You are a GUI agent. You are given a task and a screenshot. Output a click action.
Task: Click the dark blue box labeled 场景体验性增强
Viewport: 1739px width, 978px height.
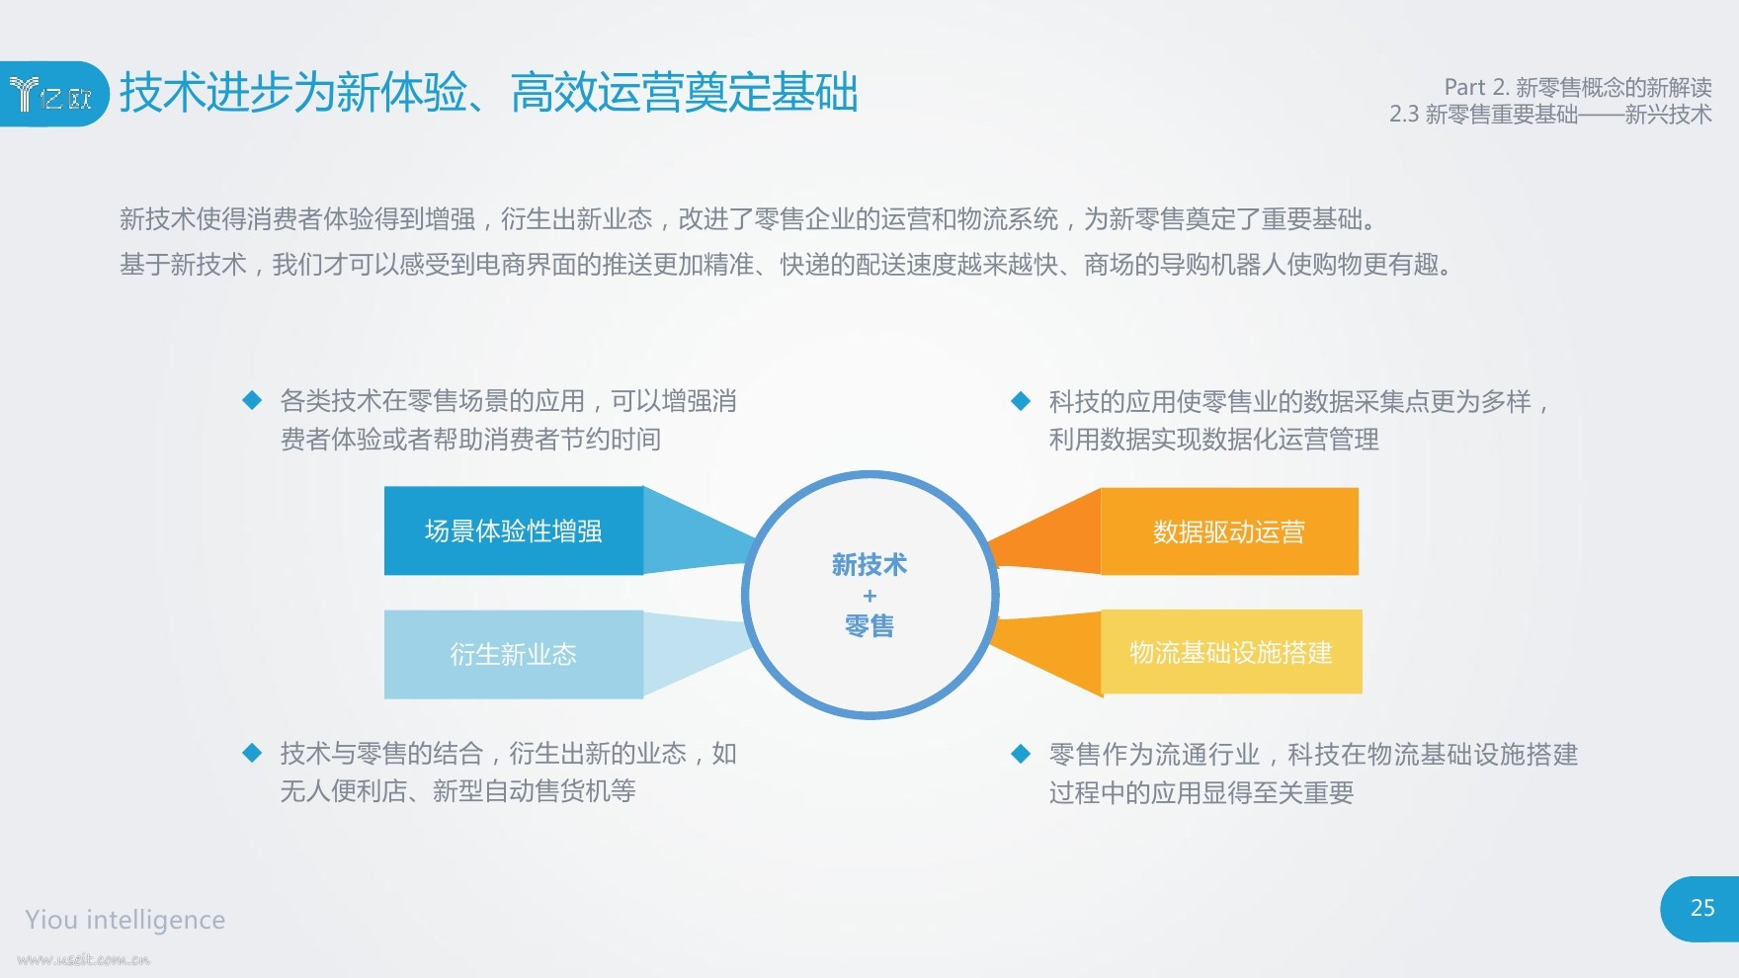[514, 530]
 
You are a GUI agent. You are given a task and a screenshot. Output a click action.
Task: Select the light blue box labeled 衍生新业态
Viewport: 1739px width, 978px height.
[514, 654]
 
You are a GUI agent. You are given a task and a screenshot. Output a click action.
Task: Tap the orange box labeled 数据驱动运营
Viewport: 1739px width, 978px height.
[1229, 531]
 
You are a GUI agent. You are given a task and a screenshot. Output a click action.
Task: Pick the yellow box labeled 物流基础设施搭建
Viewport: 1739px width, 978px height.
[1231, 652]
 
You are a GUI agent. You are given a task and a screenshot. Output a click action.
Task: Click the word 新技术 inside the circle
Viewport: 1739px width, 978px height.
[869, 565]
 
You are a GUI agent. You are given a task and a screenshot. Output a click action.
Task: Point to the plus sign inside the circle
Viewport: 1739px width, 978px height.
[869, 596]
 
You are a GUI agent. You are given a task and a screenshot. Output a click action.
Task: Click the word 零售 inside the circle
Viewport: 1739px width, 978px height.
[869, 626]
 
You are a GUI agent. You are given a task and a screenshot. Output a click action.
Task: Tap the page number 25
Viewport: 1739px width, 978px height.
[1702, 908]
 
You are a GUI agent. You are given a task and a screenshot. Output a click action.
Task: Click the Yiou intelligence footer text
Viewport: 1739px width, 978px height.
[125, 920]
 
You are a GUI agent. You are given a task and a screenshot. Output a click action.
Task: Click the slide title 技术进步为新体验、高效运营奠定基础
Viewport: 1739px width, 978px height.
[489, 93]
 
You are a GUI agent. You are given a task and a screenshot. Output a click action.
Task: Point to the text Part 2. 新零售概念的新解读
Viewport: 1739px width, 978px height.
[1578, 87]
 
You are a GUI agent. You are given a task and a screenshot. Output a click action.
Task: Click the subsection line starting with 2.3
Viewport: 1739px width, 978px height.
[1550, 115]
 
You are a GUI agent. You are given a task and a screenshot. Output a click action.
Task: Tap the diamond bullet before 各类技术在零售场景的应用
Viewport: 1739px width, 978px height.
[252, 400]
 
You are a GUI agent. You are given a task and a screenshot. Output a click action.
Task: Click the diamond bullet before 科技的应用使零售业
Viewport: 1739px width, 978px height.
[1021, 401]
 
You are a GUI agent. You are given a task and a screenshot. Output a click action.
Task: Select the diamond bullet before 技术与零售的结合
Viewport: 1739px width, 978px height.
[252, 754]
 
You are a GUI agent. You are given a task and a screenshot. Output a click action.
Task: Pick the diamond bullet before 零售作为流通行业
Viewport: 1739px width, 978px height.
[1021, 755]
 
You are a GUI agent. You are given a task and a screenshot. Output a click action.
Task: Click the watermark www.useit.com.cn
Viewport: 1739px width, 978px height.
[83, 959]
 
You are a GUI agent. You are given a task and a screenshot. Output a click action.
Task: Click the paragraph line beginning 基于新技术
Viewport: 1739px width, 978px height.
[787, 265]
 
